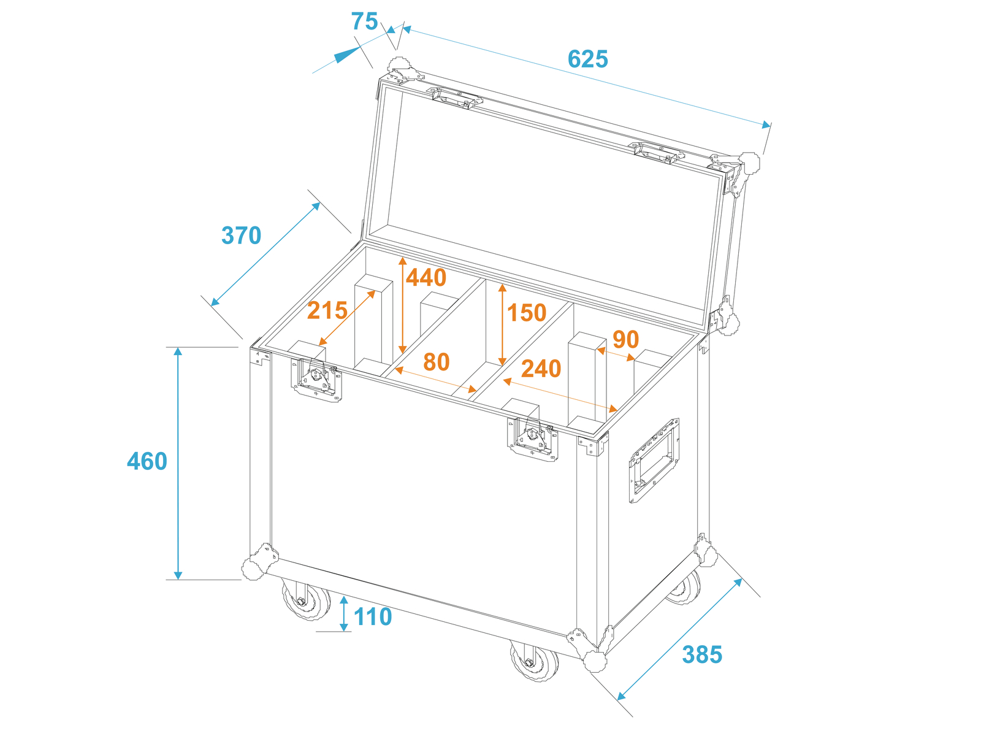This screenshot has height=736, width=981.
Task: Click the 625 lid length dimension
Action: (x=587, y=59)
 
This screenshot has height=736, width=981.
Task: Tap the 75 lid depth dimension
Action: (x=364, y=21)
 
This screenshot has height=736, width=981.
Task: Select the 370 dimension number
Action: (x=242, y=236)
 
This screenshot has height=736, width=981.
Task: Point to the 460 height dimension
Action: (x=147, y=461)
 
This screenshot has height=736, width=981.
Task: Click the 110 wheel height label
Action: (x=373, y=616)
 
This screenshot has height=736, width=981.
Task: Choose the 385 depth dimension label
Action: (x=702, y=654)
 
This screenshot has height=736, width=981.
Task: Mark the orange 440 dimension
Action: (x=426, y=277)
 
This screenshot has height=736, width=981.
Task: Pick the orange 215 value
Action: (x=327, y=310)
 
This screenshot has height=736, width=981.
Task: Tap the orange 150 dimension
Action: (x=527, y=312)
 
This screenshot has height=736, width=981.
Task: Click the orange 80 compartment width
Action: (x=436, y=361)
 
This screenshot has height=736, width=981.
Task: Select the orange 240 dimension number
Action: (x=541, y=369)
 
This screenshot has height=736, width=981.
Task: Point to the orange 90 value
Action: (x=626, y=340)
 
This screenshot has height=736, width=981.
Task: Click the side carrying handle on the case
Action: (x=654, y=460)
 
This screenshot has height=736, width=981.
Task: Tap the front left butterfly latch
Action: (x=317, y=380)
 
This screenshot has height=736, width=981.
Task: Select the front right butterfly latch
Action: (x=532, y=439)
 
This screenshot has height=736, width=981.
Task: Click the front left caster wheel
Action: (x=306, y=600)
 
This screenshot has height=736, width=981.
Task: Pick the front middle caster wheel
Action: (x=534, y=661)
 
